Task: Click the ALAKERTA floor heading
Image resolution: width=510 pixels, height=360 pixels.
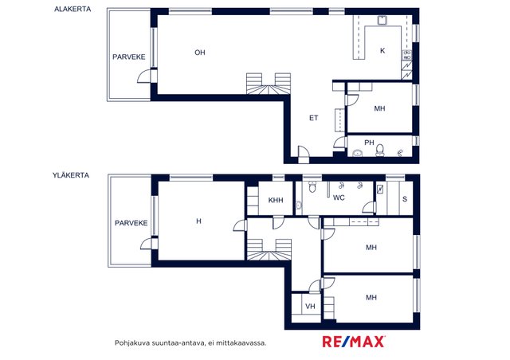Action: (x=73, y=9)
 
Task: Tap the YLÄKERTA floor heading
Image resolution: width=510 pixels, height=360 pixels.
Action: (x=71, y=175)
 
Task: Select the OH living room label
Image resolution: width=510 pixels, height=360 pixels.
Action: (x=200, y=53)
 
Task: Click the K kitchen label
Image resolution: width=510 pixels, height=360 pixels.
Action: (x=382, y=51)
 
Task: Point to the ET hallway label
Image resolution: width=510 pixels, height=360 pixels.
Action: (x=313, y=118)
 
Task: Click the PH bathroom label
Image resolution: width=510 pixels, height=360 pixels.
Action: (x=369, y=143)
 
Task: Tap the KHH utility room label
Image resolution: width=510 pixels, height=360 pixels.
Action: (x=276, y=201)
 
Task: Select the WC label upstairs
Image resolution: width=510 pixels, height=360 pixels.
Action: (x=339, y=198)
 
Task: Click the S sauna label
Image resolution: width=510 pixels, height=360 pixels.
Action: (x=405, y=199)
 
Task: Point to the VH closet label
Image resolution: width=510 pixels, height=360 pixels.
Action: (x=310, y=307)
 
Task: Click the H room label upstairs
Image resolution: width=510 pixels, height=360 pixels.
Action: (x=198, y=221)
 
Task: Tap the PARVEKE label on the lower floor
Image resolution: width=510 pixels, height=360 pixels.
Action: (x=129, y=57)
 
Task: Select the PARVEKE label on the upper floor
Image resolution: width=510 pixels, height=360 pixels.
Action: (x=131, y=223)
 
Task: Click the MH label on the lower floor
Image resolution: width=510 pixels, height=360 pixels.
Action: (x=379, y=108)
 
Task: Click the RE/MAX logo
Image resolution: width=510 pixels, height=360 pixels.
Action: (x=354, y=342)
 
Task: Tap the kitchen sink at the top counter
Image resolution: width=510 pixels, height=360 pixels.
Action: (x=382, y=20)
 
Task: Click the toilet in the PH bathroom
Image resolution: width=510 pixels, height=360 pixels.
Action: (x=379, y=151)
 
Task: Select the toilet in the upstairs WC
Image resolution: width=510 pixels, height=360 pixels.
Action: (x=312, y=186)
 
